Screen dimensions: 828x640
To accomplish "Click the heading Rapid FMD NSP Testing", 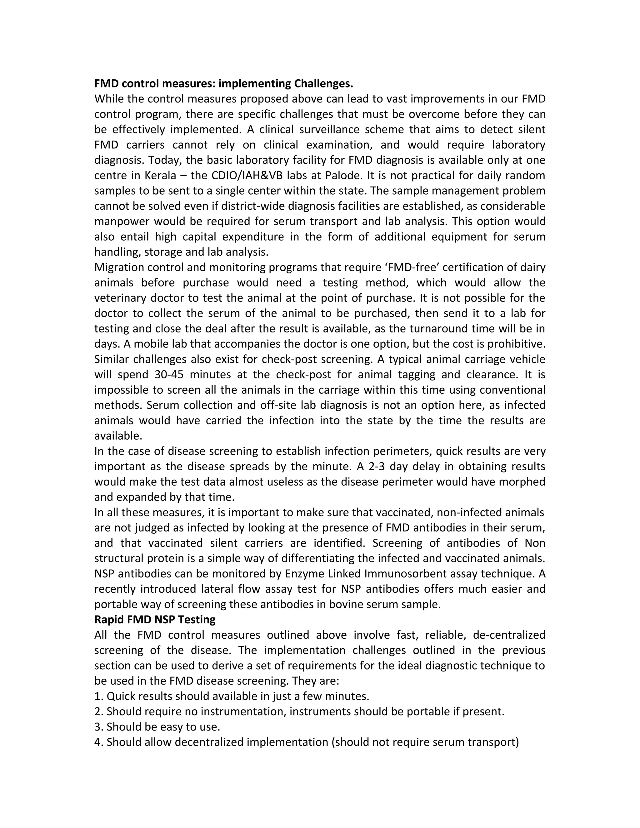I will [x=155, y=620].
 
